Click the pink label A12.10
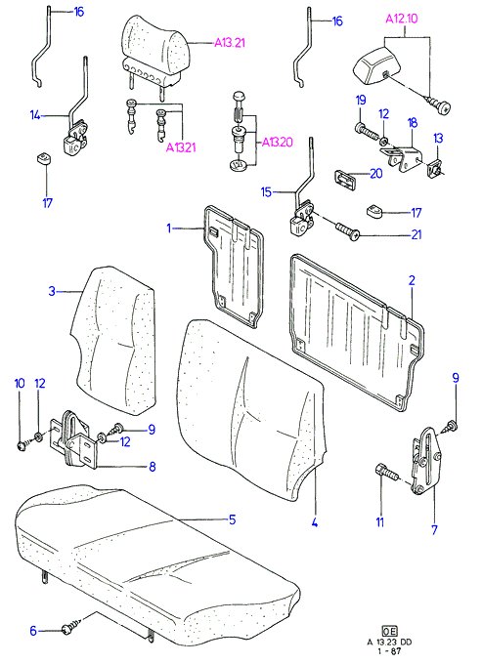(402, 19)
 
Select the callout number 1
(169, 228)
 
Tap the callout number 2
(412, 280)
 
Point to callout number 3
(52, 291)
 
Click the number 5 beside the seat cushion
(232, 519)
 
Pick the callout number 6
(33, 631)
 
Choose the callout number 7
(434, 530)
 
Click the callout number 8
(153, 467)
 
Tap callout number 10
(20, 383)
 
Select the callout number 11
(380, 522)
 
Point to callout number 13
(438, 138)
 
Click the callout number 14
(35, 115)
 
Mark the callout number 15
(266, 192)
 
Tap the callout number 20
(376, 173)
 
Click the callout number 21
(416, 234)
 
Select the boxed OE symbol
(389, 631)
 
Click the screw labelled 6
(73, 626)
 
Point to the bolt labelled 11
(386, 473)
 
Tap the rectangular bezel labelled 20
(346, 179)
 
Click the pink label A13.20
(278, 142)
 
